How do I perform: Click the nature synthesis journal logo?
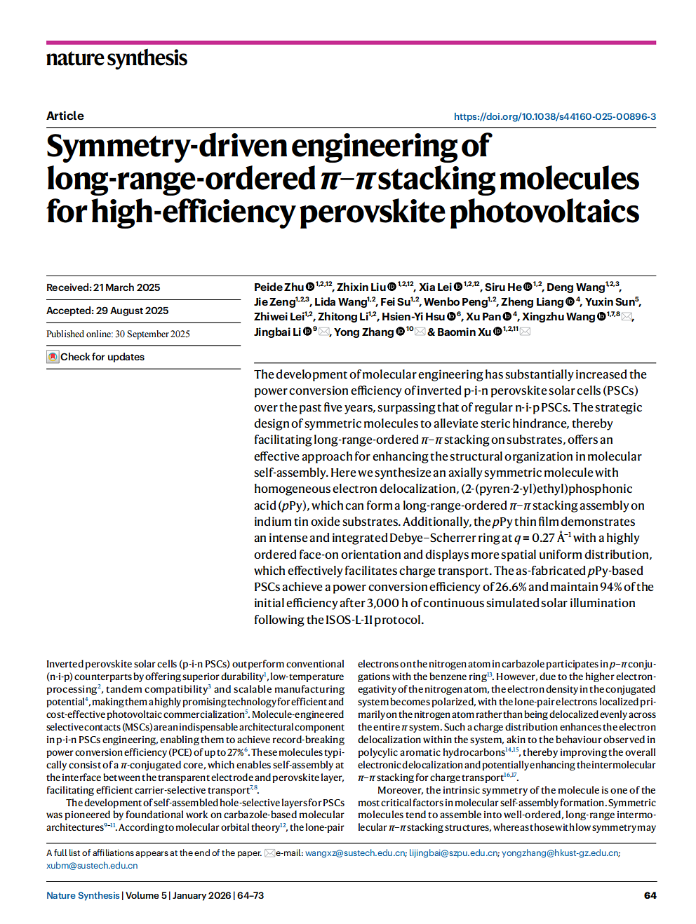point(116,58)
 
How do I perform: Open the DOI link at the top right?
point(554,116)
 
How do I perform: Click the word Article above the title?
point(65,116)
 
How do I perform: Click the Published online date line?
point(118,334)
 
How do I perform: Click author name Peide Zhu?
point(279,287)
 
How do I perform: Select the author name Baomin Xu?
point(464,332)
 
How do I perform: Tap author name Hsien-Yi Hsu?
point(413,317)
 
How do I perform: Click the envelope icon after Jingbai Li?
point(324,332)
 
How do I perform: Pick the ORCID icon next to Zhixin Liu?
point(392,287)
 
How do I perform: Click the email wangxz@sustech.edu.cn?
point(355,853)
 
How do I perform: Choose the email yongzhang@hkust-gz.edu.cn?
point(559,853)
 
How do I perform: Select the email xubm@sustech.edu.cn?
point(92,866)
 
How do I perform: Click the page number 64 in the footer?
point(650,895)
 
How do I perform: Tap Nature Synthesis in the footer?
point(83,895)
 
